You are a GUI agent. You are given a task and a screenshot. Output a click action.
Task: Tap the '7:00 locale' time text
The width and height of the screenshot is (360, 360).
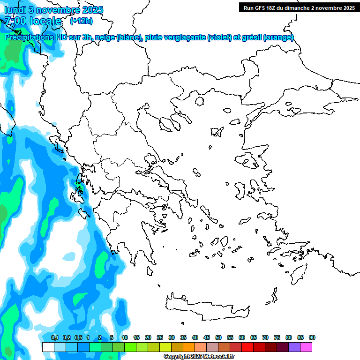[x=33, y=21]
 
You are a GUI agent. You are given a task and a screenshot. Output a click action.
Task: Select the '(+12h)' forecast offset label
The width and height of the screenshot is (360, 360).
[x=81, y=21]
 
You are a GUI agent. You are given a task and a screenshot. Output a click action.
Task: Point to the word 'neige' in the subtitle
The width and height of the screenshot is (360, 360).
[x=106, y=37]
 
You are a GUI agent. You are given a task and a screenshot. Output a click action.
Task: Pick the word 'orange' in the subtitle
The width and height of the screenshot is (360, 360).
[x=278, y=37]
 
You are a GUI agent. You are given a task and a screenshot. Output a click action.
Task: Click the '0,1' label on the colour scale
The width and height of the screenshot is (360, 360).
[x=55, y=337]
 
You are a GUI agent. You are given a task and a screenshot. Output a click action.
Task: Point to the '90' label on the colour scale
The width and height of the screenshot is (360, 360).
[x=312, y=337]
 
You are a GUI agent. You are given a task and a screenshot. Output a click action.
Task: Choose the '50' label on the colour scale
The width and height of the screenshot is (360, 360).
[x=218, y=337]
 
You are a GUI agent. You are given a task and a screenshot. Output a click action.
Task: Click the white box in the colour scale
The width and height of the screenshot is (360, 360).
[x=48, y=347]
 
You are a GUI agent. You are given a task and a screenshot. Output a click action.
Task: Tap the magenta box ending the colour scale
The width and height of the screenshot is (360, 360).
[x=306, y=347]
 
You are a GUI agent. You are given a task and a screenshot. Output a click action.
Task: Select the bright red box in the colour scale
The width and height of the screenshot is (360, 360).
[x=247, y=347]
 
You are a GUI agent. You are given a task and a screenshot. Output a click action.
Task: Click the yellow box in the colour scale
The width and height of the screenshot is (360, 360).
[x=165, y=347]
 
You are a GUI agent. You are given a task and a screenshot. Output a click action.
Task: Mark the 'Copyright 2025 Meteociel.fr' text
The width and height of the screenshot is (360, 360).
[x=199, y=356]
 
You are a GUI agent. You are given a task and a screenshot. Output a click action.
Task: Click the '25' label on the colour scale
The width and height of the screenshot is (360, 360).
[x=160, y=337]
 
